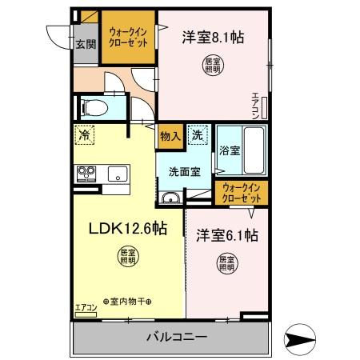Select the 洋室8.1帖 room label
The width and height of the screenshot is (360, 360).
pos(214,36)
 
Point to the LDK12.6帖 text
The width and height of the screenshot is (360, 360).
pos(127,229)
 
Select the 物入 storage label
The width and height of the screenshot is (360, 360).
pos(170,136)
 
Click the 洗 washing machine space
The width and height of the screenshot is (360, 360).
pos(197,136)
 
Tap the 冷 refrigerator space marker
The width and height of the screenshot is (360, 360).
pos(85,137)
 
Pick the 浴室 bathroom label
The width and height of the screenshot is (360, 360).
pos(230,150)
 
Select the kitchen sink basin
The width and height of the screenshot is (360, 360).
pos(117,173)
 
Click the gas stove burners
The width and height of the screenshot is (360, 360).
pos(86,173)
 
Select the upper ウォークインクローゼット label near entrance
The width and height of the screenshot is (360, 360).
pos(128,37)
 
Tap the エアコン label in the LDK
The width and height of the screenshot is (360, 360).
pos(86,308)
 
